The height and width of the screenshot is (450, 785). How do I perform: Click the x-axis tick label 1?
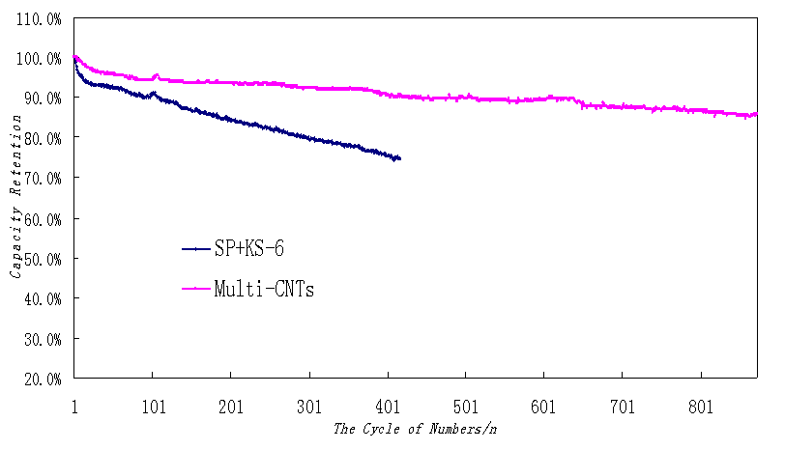[x=74, y=408]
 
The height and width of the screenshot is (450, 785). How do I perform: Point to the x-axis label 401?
[x=388, y=408]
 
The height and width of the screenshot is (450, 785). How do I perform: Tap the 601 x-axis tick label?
[x=544, y=408]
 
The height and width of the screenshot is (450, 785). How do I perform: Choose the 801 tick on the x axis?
[x=702, y=408]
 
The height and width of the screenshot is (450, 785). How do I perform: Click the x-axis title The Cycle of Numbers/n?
[x=416, y=428]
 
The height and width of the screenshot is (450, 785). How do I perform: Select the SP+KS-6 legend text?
[x=250, y=249]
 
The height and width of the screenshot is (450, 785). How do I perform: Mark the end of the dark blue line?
[x=399, y=158]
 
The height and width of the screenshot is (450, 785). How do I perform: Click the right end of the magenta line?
[x=757, y=114]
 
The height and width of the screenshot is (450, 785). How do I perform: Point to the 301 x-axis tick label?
[x=309, y=408]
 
